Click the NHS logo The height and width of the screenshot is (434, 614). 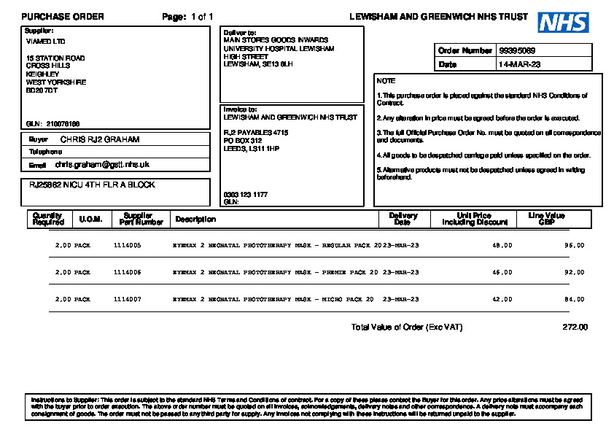(x=563, y=23)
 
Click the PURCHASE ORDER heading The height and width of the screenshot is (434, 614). (x=63, y=17)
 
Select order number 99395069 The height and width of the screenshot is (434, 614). (x=517, y=51)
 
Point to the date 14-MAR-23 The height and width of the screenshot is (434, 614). (x=519, y=65)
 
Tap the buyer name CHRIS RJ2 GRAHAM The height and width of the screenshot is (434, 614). (x=99, y=139)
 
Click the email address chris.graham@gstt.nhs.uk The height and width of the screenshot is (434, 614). (x=101, y=165)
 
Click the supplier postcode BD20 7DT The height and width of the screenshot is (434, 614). (x=42, y=90)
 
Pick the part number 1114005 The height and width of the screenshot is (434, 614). (x=127, y=246)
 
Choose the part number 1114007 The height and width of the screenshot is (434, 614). (x=127, y=299)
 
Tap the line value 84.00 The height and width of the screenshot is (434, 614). (x=575, y=299)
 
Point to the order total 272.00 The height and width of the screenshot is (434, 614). (x=575, y=327)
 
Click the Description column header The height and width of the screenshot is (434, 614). (x=195, y=219)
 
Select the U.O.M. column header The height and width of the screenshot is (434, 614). (x=90, y=219)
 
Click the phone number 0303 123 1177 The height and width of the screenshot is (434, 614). (x=245, y=195)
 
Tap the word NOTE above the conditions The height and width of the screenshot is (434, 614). (x=386, y=81)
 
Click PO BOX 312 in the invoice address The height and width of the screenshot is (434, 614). (x=242, y=140)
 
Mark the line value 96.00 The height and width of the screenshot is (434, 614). (x=575, y=246)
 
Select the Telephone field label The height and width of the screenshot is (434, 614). (x=45, y=152)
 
